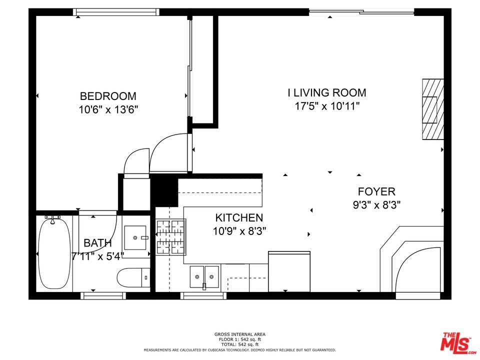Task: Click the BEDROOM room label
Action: [108, 96]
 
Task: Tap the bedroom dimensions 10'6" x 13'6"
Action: [108, 109]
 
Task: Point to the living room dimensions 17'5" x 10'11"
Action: [327, 106]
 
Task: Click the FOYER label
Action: [376, 191]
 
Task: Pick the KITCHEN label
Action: [239, 217]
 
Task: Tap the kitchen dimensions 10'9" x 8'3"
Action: [239, 231]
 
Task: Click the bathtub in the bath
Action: [54, 252]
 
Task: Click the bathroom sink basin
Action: [135, 238]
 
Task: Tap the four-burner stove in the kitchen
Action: [171, 237]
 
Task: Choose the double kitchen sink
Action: [204, 277]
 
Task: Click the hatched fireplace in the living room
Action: [433, 109]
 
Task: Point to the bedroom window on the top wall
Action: [116, 12]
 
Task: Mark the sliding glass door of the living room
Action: [361, 12]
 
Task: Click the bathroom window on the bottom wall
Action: [103, 295]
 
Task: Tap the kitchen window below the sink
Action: [203, 295]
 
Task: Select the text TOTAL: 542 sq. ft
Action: [240, 344]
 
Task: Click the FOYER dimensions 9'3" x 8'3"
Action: [377, 204]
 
